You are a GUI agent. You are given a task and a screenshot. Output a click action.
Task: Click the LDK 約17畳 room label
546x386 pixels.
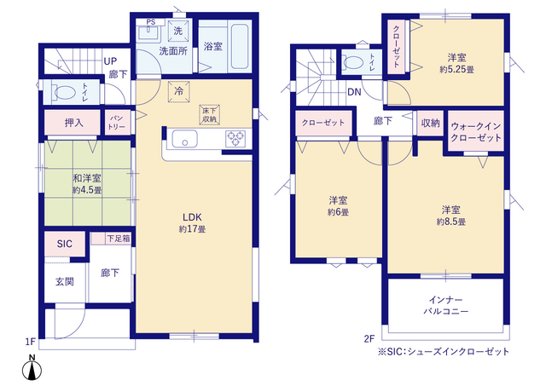pyautogui.click(x=192, y=223)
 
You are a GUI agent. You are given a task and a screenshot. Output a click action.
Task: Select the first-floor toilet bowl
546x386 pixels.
pyautogui.click(x=65, y=92)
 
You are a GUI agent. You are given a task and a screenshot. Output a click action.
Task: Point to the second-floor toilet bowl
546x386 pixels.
pyautogui.click(x=353, y=62)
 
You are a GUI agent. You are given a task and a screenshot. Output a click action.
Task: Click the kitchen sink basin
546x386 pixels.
pyautogui.click(x=184, y=139)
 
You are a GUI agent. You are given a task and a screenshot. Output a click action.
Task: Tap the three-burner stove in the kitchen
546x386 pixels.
pyautogui.click(x=235, y=138)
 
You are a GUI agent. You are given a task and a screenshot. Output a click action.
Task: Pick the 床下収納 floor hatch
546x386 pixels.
pyautogui.click(x=209, y=115)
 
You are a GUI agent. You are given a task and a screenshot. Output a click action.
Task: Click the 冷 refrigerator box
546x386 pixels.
pyautogui.click(x=178, y=91)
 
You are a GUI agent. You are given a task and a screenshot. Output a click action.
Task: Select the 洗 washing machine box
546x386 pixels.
pyautogui.click(x=178, y=31)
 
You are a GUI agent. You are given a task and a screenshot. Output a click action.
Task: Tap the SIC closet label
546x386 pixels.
pyautogui.click(x=65, y=244)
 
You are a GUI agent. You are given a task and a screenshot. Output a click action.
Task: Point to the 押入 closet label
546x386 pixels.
pyautogui.click(x=74, y=123)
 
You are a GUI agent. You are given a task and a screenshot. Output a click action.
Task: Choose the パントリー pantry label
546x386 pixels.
pyautogui.click(x=116, y=122)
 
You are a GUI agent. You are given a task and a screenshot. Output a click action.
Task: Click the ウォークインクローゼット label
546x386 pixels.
pyautogui.click(x=476, y=131)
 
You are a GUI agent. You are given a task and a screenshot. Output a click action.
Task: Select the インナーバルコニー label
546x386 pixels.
pyautogui.click(x=445, y=305)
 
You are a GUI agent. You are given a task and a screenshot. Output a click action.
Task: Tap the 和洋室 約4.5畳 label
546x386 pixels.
pyautogui.click(x=87, y=184)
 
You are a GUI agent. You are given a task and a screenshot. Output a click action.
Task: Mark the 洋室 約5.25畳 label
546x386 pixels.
pyautogui.click(x=456, y=63)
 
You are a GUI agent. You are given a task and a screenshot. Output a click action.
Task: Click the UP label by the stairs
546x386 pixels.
pyautogui.click(x=110, y=61)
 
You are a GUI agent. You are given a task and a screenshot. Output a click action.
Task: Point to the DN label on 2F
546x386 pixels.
pyautogui.click(x=354, y=92)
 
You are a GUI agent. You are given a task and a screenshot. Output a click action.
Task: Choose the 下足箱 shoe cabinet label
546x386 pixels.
pyautogui.click(x=119, y=239)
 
